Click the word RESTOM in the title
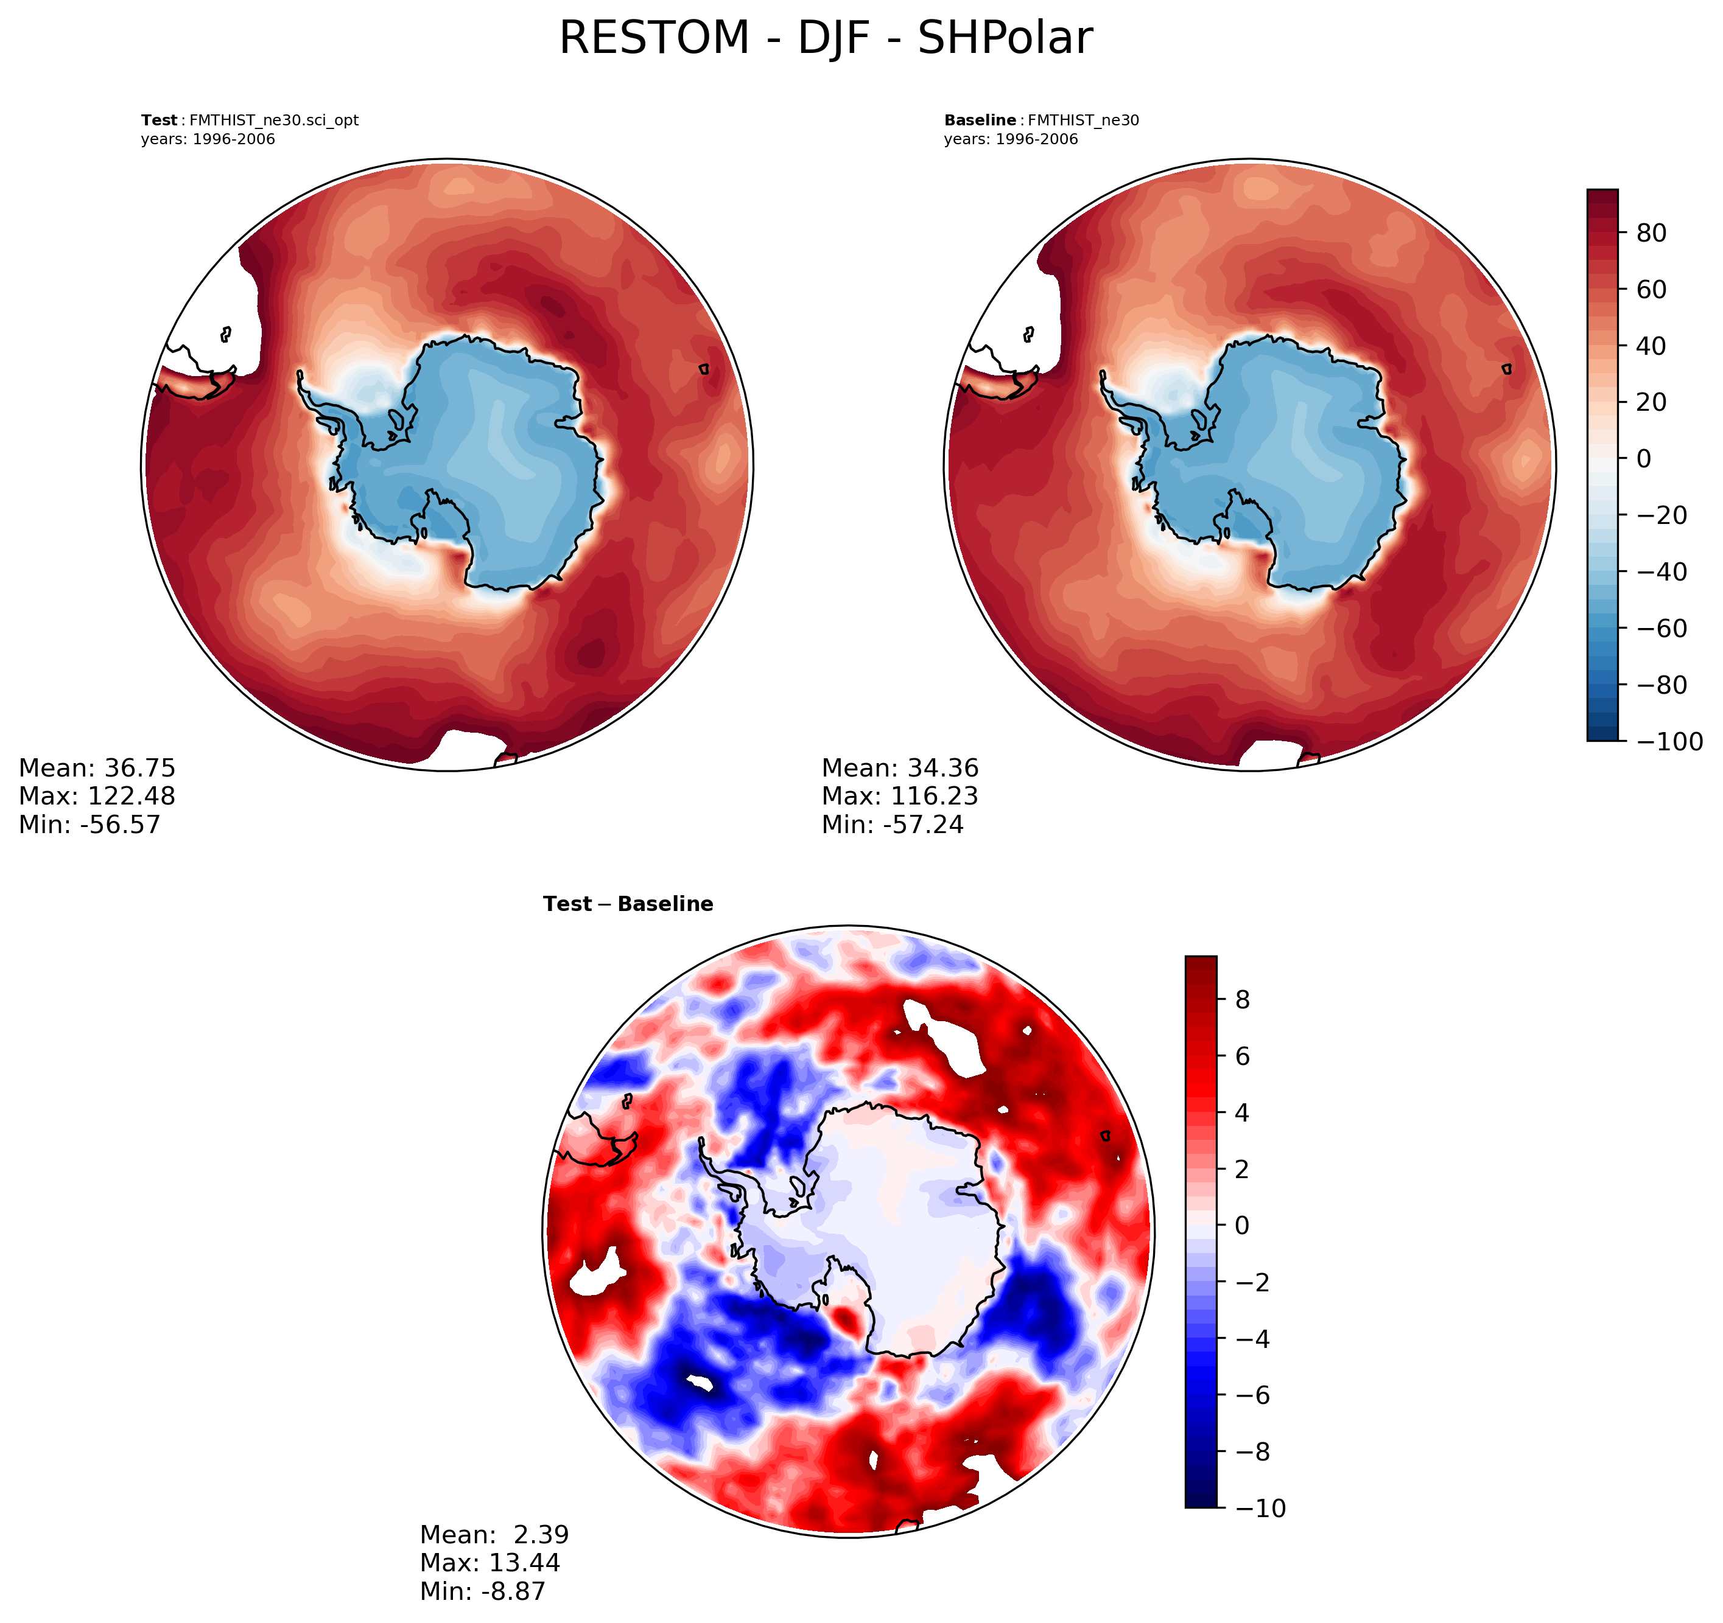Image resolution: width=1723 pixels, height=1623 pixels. tap(653, 39)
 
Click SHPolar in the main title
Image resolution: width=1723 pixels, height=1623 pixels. tap(1005, 39)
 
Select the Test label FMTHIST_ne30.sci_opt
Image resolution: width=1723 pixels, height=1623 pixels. tap(250, 120)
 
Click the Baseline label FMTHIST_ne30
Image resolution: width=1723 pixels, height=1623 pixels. tap(1041, 120)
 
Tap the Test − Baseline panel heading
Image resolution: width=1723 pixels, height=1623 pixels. tap(628, 904)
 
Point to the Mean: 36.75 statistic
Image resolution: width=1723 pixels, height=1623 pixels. tap(97, 768)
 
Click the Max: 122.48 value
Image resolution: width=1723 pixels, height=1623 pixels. tap(97, 795)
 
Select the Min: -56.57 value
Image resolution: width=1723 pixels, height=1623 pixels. tap(90, 824)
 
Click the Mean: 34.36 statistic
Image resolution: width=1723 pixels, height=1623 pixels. tap(900, 768)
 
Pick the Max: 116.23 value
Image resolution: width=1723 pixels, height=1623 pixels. tap(900, 795)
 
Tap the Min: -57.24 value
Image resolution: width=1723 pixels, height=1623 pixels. tap(893, 824)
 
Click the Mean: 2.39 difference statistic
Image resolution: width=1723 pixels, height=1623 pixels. tap(494, 1535)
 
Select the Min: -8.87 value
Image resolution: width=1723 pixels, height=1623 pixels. tap(483, 1591)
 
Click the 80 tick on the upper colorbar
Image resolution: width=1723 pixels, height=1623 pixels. tap(1651, 233)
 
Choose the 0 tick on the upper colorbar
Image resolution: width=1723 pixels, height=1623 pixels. tap(1643, 458)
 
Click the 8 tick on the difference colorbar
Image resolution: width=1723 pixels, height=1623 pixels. tap(1242, 1000)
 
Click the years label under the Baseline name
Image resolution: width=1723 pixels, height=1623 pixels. tap(1011, 139)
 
